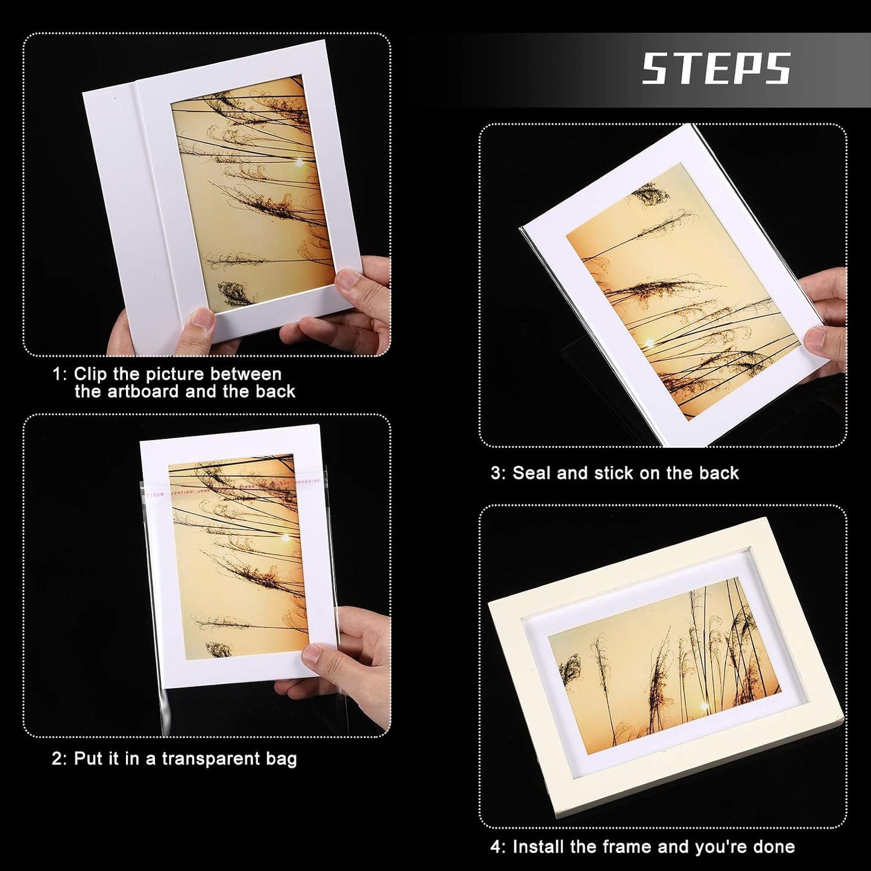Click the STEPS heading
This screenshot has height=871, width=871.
(x=717, y=68)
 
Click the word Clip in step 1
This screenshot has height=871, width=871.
(x=90, y=374)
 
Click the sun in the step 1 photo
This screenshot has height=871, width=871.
(x=299, y=162)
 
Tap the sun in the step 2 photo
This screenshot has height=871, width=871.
(x=286, y=537)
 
